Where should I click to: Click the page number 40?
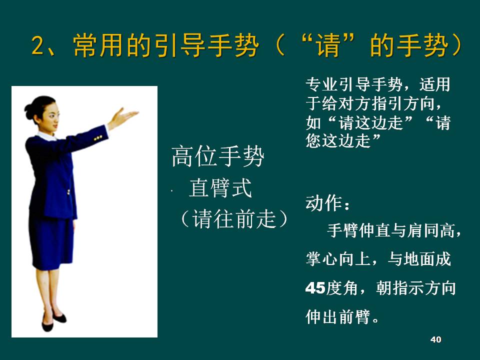tap(435, 339)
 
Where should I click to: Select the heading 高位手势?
tap(217, 156)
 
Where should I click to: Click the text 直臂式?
tap(220, 187)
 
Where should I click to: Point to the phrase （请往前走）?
tap(234, 219)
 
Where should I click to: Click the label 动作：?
tap(328, 203)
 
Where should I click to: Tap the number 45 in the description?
tap(315, 288)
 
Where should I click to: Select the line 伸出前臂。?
tap(342, 316)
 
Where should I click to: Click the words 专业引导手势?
tap(354, 84)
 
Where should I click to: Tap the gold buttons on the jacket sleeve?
tap(98, 138)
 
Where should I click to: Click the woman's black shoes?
tap(53, 321)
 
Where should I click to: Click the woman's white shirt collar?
tap(46, 136)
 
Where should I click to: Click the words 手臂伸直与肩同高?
tap(390, 230)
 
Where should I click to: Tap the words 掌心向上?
tap(337, 259)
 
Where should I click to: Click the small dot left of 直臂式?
tap(171, 191)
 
